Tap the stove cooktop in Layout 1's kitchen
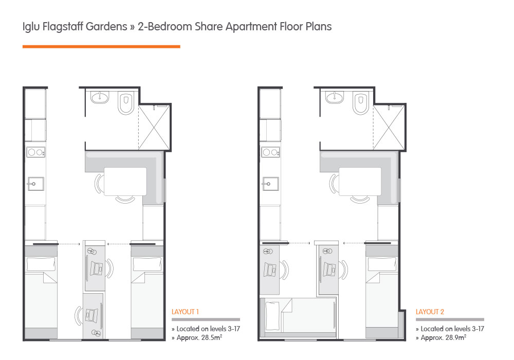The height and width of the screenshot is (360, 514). point(35,153)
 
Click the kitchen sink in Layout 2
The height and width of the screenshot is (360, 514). point(270,183)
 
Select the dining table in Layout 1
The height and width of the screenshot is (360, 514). point(125,182)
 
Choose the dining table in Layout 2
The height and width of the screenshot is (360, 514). point(360,182)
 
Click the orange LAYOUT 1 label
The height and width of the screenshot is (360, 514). point(185,312)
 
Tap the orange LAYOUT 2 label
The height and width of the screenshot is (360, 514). point(430,312)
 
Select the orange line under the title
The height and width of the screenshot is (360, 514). point(101,47)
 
